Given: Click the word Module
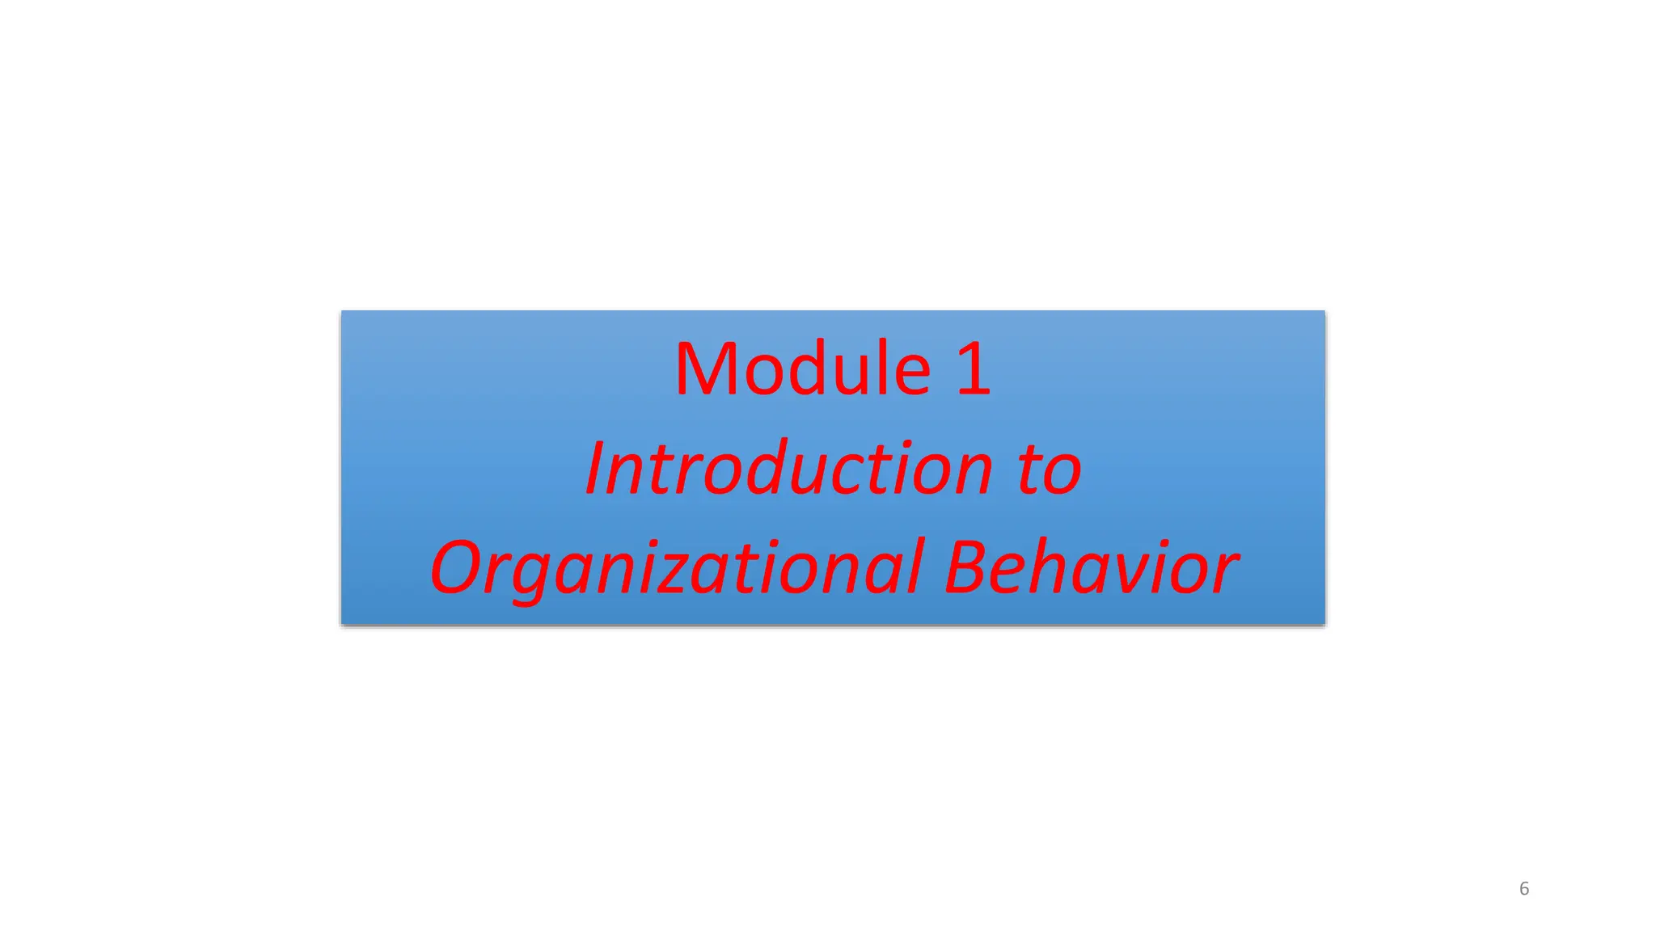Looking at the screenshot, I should pyautogui.click(x=803, y=370).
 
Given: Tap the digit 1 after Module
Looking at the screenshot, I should pyautogui.click(x=974, y=370).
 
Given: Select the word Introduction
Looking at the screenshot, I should pyautogui.click(x=788, y=470).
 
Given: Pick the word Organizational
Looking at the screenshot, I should pyautogui.click(x=676, y=569).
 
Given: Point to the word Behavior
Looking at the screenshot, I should pyautogui.click(x=1091, y=567).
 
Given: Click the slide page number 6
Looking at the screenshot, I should pyautogui.click(x=1524, y=889).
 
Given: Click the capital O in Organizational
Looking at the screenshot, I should pyautogui.click(x=458, y=567).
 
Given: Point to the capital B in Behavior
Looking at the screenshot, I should pyautogui.click(x=970, y=567).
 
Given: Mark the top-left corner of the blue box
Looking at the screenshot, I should pyautogui.click(x=342, y=311).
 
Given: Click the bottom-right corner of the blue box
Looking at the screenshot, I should pyautogui.click(x=1324, y=623).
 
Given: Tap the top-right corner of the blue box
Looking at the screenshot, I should pyautogui.click(x=1324, y=311).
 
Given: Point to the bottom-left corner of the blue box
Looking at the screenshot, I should pyautogui.click(x=342, y=623).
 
